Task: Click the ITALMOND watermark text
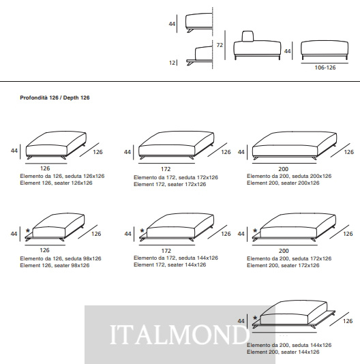pos(179,334)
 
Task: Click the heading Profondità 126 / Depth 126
pos(55,97)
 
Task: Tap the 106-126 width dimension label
pos(325,67)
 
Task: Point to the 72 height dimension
pos(220,45)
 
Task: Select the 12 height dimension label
pos(172,63)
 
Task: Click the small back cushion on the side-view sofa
pos(248,36)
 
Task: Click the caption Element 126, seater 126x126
pos(56,183)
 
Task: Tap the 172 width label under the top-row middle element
pos(166,169)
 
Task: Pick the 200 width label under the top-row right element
pos(284,169)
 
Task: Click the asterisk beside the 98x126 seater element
pos(28,231)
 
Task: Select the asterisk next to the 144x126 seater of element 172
pos(142,231)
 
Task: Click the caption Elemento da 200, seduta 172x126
pos(289,258)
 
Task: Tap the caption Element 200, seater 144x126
pos(283,352)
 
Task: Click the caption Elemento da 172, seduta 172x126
pos(176,178)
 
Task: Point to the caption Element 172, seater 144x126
pos(170,264)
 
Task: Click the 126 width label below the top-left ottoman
pos(45,168)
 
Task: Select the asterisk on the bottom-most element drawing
pos(255,318)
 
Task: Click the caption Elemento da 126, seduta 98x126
pos(61,258)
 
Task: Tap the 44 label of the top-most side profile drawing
pos(172,24)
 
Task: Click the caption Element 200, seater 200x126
pos(283,183)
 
